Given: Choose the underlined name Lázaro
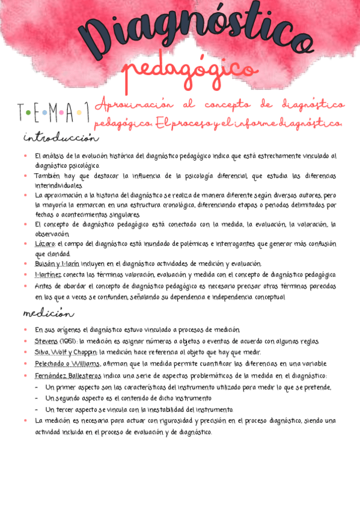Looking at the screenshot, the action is [x=46, y=244].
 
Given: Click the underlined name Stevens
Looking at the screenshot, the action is [x=47, y=342].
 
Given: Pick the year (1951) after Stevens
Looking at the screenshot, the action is [x=67, y=342].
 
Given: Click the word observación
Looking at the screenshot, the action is [x=53, y=234].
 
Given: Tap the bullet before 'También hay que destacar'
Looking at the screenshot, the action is [x=26, y=176].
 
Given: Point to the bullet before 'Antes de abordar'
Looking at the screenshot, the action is [x=26, y=286].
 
